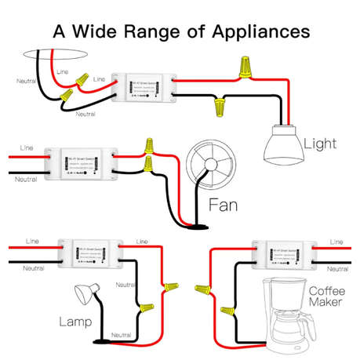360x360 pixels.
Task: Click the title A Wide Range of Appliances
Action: point(180,32)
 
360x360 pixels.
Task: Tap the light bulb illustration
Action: point(282,144)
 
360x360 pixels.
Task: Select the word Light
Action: point(320,144)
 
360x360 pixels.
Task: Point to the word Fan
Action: point(223,209)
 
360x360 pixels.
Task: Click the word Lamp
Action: point(76,322)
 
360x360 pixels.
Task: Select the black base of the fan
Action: point(201,227)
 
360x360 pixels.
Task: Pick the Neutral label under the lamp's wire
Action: point(121,335)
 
